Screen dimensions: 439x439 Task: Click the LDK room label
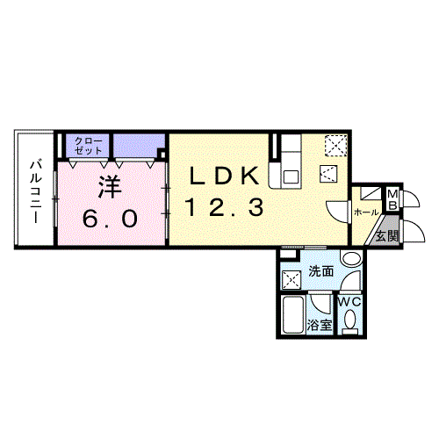(225, 176)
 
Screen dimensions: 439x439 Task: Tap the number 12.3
(225, 206)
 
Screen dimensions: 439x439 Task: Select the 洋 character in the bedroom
(110, 187)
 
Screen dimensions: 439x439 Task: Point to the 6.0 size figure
(110, 219)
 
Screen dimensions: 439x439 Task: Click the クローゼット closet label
(89, 146)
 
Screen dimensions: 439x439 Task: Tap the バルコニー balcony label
(36, 191)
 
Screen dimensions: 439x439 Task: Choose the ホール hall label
(366, 212)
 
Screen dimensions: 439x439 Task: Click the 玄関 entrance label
(387, 236)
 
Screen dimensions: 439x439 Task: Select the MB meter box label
(392, 199)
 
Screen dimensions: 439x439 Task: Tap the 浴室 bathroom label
(320, 325)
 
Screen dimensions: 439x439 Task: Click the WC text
(350, 302)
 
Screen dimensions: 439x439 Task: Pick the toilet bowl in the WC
(350, 321)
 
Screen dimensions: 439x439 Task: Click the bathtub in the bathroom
(293, 314)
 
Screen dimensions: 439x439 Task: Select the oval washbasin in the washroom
(352, 258)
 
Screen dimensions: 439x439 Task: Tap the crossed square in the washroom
(291, 280)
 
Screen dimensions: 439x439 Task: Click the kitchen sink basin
(291, 177)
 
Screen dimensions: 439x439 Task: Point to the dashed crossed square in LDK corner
(336, 145)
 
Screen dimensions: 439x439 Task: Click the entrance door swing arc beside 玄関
(414, 230)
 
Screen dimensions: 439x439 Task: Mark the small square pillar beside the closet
(162, 154)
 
